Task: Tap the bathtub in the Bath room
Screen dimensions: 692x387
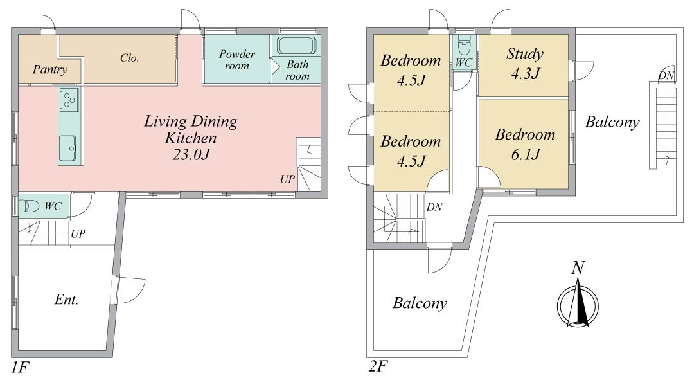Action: coord(297,46)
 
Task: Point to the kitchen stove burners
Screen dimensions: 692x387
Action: coord(69,99)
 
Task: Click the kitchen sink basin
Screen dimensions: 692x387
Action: coord(68,148)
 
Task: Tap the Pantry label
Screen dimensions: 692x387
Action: coord(50,70)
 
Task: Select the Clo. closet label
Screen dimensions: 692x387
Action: coord(129,58)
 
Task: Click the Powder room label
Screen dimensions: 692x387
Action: coord(237,60)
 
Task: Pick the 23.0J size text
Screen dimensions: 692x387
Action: coord(191,154)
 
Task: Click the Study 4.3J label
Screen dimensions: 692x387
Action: coord(525,63)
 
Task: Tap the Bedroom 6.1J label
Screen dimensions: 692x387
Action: coord(525,144)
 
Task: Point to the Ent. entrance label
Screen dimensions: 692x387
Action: coord(66,300)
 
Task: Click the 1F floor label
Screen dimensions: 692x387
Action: coord(20,366)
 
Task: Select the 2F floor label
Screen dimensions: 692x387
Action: coord(378,366)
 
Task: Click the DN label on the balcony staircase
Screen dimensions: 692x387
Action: coord(666,76)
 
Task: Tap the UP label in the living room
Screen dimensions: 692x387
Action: coord(287,179)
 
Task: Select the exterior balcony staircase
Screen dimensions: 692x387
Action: coord(662,125)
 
